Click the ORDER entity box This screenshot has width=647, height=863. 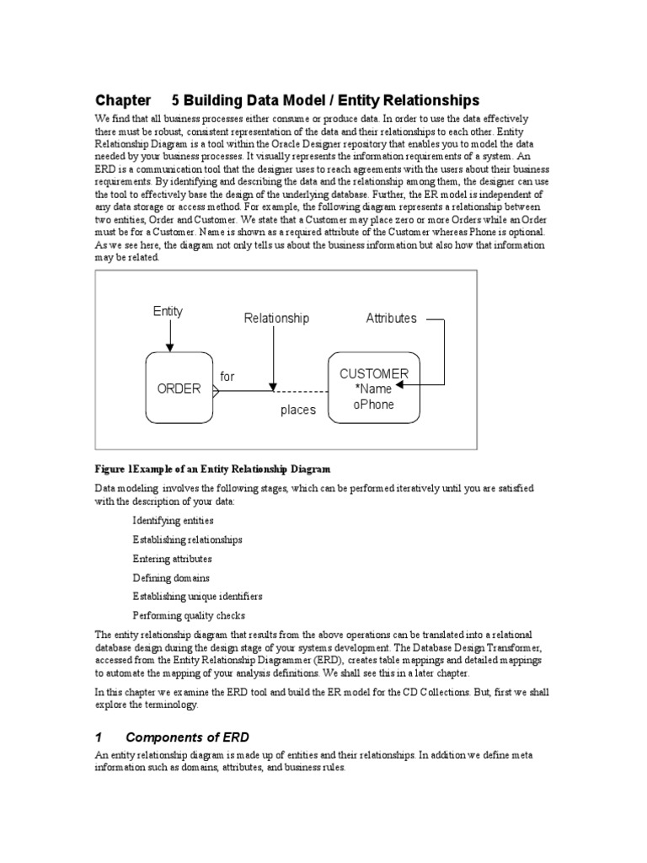[179, 388]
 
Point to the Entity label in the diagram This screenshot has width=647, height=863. [168, 311]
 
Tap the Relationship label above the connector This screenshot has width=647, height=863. [276, 318]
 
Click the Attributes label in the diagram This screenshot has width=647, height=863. [391, 318]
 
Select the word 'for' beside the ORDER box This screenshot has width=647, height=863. [227, 376]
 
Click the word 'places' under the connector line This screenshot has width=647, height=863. [298, 410]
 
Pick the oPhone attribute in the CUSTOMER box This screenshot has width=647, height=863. [373, 404]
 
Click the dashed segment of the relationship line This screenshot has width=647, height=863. [302, 391]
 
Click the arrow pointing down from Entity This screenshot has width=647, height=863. [169, 337]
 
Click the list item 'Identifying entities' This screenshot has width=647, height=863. [173, 521]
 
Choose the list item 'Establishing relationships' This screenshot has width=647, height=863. [187, 539]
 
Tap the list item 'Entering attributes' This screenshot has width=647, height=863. [172, 559]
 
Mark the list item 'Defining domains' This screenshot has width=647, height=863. [171, 578]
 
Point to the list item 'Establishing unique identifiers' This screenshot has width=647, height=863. [197, 596]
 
